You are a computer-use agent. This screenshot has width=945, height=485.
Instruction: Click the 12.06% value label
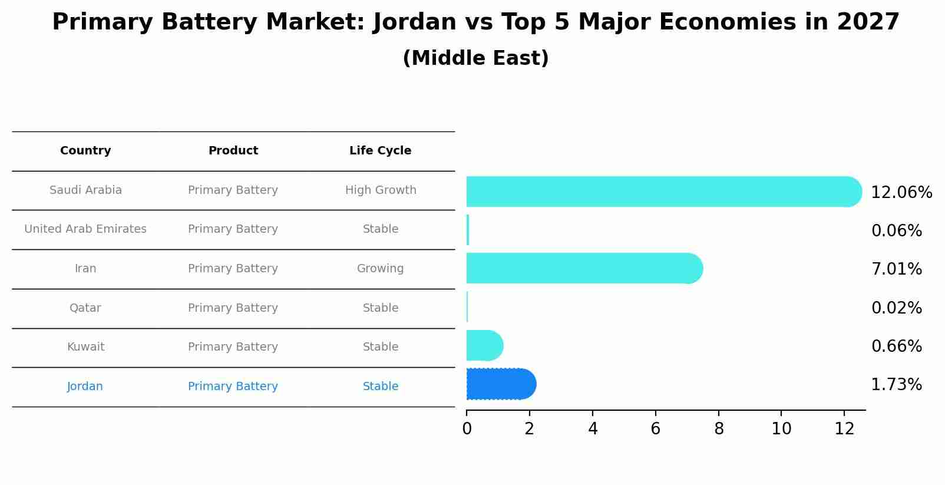point(901,193)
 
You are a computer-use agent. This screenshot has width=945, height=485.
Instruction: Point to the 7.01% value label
point(896,269)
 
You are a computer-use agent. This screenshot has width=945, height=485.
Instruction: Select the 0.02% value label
point(896,308)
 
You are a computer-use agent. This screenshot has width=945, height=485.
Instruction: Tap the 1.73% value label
point(896,385)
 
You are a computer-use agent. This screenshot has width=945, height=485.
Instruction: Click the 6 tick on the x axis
point(655,429)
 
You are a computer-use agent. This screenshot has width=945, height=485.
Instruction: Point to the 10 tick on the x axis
point(781,429)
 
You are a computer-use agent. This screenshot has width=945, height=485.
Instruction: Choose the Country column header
point(85,151)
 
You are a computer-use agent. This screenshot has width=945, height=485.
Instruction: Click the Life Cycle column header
point(380,151)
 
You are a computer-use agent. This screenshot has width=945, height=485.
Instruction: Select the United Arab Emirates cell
point(85,229)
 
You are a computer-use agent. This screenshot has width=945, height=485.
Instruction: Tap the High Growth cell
point(381,190)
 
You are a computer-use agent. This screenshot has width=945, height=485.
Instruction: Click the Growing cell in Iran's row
point(380,269)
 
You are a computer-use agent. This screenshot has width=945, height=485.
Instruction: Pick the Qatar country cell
point(85,308)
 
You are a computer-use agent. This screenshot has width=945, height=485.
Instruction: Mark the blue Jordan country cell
point(85,387)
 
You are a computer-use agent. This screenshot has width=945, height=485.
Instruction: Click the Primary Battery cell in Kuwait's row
point(233,347)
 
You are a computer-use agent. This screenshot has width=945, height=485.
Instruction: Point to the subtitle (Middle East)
point(475,58)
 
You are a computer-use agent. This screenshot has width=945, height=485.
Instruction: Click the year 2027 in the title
point(868,22)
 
